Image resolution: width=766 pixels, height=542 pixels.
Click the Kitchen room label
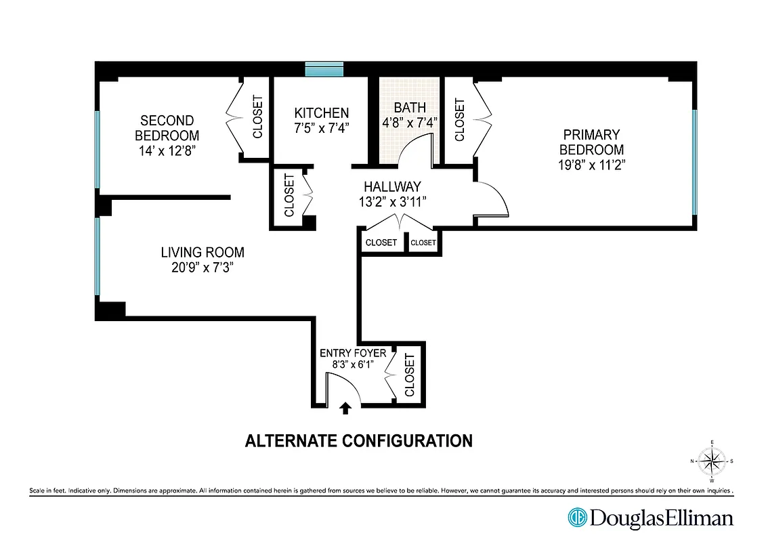[x=321, y=113]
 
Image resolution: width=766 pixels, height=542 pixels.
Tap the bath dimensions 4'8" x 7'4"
[x=409, y=123]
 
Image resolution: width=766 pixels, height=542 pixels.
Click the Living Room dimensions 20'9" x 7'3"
[x=203, y=268]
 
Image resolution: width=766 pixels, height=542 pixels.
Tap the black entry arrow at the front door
[x=345, y=407]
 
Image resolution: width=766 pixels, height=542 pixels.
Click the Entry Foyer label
[x=352, y=353]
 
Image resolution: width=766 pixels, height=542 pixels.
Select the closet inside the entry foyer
[x=409, y=375]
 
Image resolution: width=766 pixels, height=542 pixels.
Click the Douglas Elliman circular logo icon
[x=576, y=518]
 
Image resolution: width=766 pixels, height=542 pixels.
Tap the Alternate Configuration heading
[x=358, y=441]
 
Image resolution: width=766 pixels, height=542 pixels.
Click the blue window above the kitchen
[x=324, y=68]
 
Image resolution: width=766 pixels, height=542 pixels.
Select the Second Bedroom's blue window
[x=98, y=149]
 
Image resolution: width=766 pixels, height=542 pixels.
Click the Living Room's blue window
[x=98, y=256]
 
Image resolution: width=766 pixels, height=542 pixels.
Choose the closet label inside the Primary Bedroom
[x=460, y=120]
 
